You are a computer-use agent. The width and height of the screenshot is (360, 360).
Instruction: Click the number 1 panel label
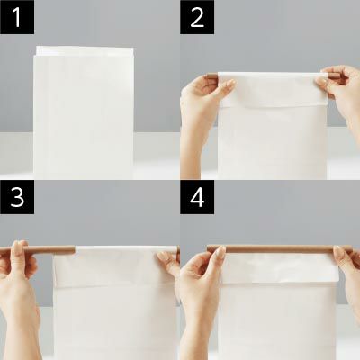coord(17,17)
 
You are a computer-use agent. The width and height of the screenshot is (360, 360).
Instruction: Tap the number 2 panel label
coord(197,17)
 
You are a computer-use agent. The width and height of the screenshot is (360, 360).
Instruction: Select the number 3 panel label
coord(17,197)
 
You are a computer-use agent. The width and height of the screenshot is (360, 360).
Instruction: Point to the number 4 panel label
coord(197,197)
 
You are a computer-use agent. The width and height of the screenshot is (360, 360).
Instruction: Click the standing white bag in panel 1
coord(84,114)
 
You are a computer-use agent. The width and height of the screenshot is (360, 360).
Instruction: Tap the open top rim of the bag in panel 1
coord(85,51)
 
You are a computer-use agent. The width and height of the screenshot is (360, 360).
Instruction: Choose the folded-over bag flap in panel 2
coord(273,89)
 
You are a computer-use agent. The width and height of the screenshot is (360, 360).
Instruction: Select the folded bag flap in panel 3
coord(115,266)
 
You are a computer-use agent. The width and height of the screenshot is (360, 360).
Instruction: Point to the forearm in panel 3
coord(20,324)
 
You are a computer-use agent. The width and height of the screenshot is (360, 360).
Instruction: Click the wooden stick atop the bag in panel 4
coord(279,249)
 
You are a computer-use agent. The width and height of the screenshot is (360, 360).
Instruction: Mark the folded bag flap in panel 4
coord(279,269)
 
